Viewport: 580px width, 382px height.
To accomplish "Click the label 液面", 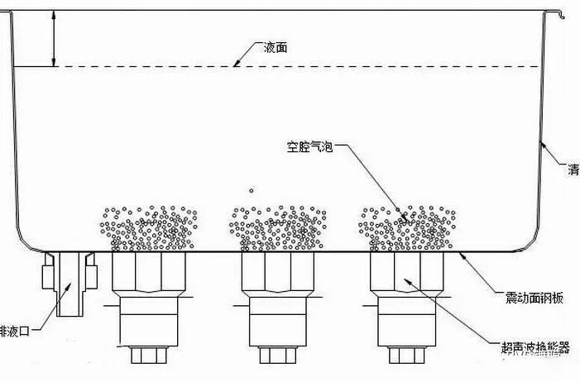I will (276, 48).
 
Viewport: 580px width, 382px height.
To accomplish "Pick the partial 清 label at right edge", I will (573, 170).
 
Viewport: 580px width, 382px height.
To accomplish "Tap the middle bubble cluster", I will (277, 228).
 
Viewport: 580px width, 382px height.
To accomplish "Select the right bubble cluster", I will (406, 228).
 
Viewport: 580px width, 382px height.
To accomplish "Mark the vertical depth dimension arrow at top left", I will (54, 38).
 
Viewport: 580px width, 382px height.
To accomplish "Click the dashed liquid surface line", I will (372, 66).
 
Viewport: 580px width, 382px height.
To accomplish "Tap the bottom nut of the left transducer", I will (150, 356).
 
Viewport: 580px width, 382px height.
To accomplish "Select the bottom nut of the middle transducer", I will (278, 356).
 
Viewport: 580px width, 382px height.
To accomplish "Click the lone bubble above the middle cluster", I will (251, 190).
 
